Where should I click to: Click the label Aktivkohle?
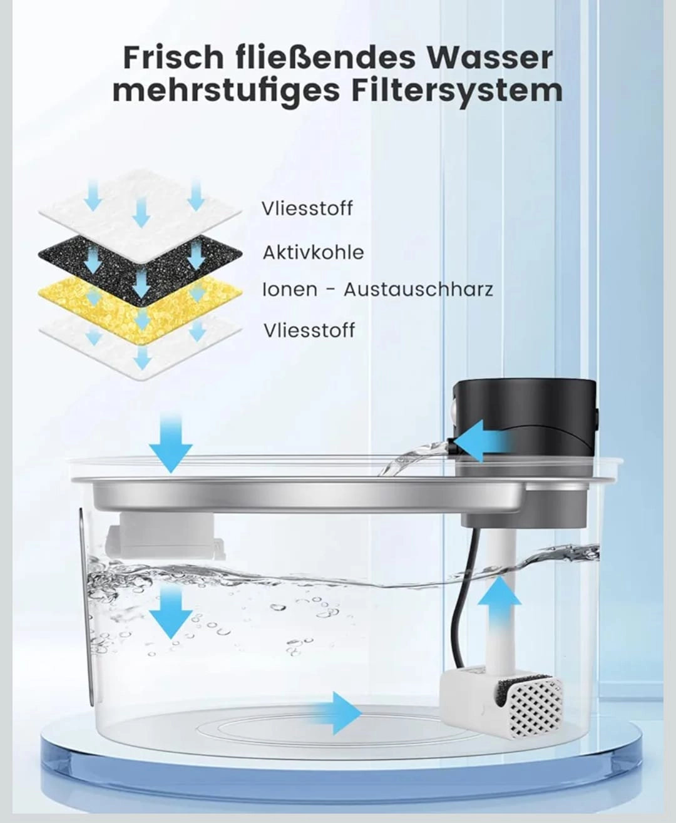click(313, 252)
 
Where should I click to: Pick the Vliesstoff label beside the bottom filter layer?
click(309, 330)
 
